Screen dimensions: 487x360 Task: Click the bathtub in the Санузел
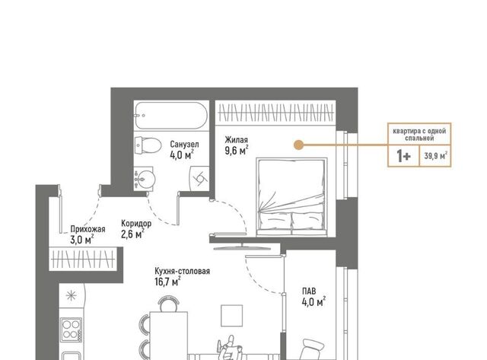click(170, 115)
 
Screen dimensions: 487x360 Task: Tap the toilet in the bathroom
click(148, 145)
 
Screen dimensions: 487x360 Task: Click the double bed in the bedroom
click(291, 196)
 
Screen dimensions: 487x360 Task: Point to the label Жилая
click(237, 139)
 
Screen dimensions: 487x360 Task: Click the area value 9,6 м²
click(237, 151)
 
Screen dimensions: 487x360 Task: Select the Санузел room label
click(184, 144)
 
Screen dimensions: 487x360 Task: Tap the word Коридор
click(136, 223)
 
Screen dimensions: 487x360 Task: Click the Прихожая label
click(88, 229)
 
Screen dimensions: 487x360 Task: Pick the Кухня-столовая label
click(183, 271)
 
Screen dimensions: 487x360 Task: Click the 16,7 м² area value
click(167, 282)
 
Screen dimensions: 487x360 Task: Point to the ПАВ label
click(309, 291)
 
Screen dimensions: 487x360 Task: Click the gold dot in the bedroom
click(298, 145)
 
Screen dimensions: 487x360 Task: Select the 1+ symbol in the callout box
click(404, 156)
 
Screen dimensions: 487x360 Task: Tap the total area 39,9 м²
click(436, 155)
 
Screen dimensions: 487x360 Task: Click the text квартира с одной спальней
click(419, 135)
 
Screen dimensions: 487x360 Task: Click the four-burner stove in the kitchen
click(71, 330)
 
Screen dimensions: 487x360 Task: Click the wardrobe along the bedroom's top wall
click(275, 113)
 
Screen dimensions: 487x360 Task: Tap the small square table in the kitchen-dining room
click(231, 316)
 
